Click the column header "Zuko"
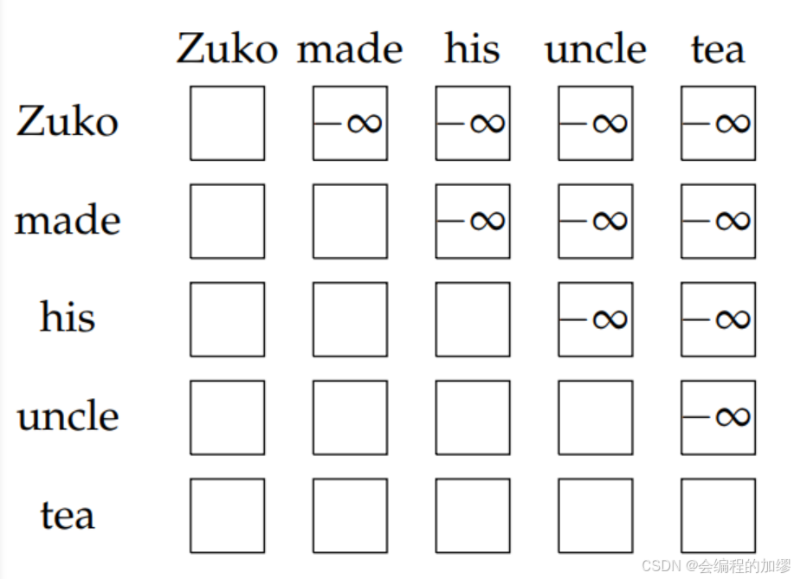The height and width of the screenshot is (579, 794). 227,48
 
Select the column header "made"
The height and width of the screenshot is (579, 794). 350,48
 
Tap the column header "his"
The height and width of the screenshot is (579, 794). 472,48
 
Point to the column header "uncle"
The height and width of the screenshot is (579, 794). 595,48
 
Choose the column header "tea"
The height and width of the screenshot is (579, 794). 718,48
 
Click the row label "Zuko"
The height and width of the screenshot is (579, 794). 67,122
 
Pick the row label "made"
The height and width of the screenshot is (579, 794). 67,221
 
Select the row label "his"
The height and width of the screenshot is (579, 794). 67,318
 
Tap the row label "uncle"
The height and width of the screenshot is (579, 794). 67,416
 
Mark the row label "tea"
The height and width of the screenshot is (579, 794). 67,515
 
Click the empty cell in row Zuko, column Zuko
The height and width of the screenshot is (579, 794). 227,123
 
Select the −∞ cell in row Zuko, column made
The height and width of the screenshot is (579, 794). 350,123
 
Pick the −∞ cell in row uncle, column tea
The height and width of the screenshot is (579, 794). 718,417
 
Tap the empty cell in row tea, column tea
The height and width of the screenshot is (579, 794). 718,515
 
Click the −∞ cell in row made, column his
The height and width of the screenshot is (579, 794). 473,221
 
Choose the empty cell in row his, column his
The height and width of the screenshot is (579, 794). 473,319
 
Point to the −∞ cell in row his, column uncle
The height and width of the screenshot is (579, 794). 595,319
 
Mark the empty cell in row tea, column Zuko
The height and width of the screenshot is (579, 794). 227,515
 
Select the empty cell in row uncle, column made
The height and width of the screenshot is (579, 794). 350,417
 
